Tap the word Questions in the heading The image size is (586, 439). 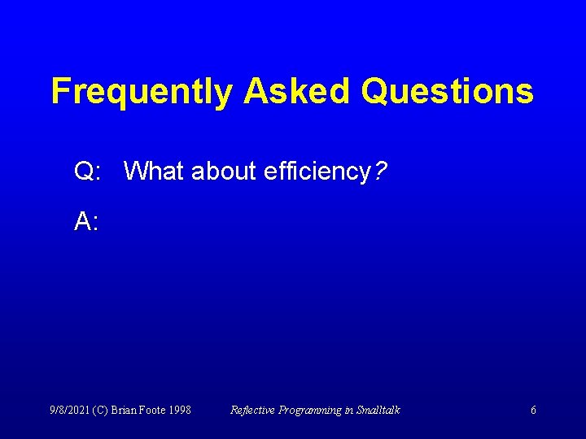tap(447, 91)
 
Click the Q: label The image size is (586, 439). tap(87, 172)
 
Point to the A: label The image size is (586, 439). tap(86, 221)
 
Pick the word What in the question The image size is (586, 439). tap(154, 171)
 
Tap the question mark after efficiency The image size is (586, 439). tap(381, 171)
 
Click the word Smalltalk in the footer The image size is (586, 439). tap(378, 411)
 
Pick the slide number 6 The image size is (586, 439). tap(533, 411)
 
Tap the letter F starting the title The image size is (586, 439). tap(59, 91)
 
